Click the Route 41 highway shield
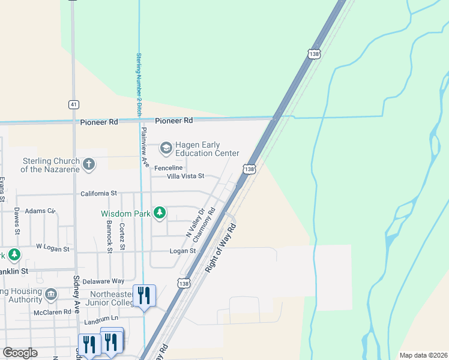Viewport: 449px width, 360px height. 73,104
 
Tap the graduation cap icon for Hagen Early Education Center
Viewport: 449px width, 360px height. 165,148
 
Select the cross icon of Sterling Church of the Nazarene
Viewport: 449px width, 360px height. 89,164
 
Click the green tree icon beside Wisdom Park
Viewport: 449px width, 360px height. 159,213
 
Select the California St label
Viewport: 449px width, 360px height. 98,194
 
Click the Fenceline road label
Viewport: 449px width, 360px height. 168,167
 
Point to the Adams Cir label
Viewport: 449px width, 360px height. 40,211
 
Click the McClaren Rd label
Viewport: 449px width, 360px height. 53,312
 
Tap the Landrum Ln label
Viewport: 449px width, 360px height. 101,322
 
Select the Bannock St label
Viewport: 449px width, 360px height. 109,237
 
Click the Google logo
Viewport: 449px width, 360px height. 20,353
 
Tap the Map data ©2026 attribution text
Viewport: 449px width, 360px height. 423,355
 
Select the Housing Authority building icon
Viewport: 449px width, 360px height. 50,294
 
